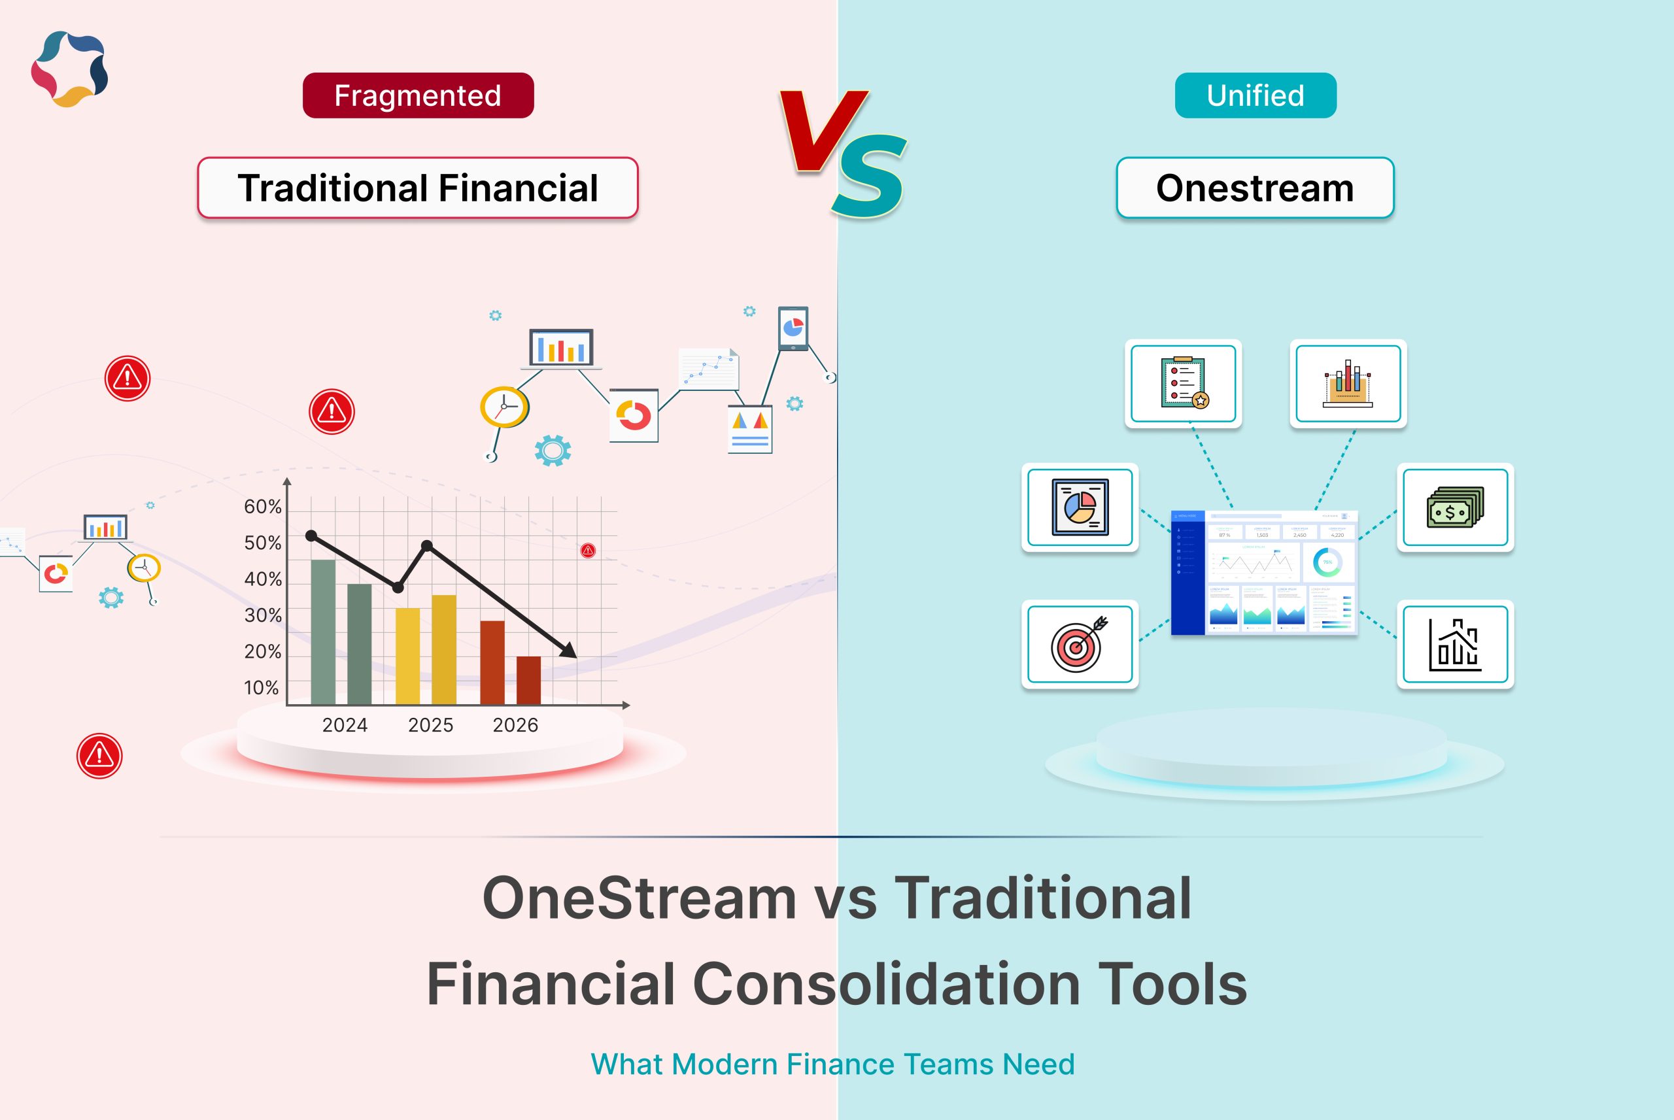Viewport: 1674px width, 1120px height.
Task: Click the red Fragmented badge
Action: pyautogui.click(x=418, y=95)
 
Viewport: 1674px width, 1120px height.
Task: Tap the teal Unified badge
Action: pyautogui.click(x=1255, y=95)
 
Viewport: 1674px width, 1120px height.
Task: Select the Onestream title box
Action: pyautogui.click(x=1255, y=188)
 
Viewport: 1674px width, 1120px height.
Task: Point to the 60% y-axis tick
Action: pyautogui.click(x=263, y=507)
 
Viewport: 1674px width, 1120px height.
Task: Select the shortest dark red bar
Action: pyautogui.click(x=528, y=680)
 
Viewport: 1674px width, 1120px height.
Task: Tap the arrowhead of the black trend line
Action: pyautogui.click(x=569, y=651)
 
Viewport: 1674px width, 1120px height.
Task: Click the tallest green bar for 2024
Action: pyautogui.click(x=323, y=632)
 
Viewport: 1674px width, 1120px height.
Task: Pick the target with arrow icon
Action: pyautogui.click(x=1079, y=644)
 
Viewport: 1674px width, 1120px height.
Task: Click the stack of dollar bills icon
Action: pyautogui.click(x=1455, y=507)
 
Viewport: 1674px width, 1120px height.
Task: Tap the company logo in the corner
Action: pyautogui.click(x=69, y=69)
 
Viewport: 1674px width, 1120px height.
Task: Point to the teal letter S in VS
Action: pyautogui.click(x=869, y=176)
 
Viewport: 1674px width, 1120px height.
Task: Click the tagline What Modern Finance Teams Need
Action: pyautogui.click(x=832, y=1064)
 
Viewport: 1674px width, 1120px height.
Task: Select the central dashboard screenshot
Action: pyautogui.click(x=1263, y=572)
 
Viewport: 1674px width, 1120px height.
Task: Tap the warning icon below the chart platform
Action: pyautogui.click(x=99, y=756)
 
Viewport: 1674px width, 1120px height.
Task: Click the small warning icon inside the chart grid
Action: pyautogui.click(x=588, y=551)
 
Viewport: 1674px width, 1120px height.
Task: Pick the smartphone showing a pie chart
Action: pyautogui.click(x=793, y=329)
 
